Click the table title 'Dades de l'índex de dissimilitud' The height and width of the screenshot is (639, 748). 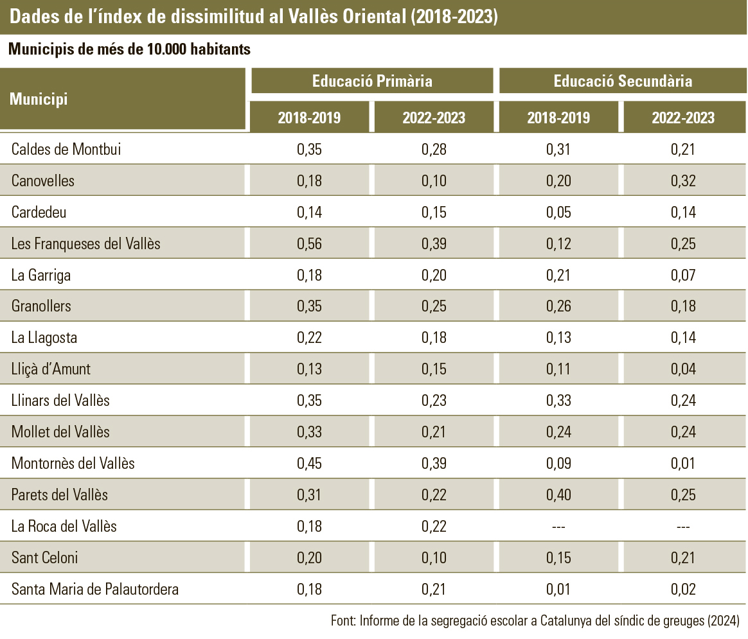(x=254, y=17)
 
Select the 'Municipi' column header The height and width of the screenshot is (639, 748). (x=39, y=100)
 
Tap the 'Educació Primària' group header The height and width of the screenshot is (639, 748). (x=372, y=81)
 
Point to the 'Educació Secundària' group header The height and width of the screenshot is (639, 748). (x=623, y=81)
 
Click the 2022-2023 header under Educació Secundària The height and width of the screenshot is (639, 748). (x=683, y=118)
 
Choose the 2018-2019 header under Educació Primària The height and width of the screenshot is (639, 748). (x=309, y=118)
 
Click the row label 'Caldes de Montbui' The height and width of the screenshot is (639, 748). (x=66, y=150)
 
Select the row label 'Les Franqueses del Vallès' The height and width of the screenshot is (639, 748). (x=85, y=244)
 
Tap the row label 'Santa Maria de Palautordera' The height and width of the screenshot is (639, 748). (x=95, y=589)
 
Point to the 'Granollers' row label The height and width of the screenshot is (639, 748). (x=41, y=306)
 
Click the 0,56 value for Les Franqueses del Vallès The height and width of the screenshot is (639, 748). (x=309, y=244)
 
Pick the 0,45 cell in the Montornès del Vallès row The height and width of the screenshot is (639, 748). (x=309, y=463)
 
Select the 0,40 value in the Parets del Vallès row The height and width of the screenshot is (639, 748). (x=558, y=495)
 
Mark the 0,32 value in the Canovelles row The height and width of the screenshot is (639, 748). (x=683, y=181)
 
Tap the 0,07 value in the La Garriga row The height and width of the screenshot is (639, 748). (x=683, y=276)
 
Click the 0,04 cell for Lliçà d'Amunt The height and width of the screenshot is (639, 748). (x=683, y=369)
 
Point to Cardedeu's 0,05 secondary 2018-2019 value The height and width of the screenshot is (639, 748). (x=558, y=213)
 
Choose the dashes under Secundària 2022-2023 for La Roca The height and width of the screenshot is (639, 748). (x=683, y=527)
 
